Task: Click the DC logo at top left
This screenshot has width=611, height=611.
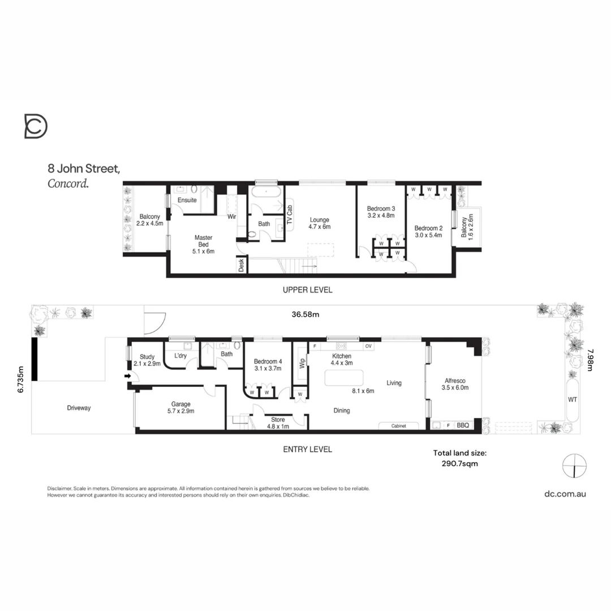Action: tap(36, 126)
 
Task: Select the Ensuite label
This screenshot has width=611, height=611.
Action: tap(187, 200)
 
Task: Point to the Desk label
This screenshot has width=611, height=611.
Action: tap(242, 265)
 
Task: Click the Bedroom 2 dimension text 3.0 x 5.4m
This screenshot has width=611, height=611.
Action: tap(428, 235)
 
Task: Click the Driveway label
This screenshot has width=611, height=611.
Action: tap(79, 407)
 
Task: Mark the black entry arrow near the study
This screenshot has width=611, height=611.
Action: tap(127, 376)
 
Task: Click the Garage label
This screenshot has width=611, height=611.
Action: tap(181, 404)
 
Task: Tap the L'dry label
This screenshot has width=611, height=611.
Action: tap(180, 355)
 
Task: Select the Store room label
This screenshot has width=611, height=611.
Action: tap(278, 419)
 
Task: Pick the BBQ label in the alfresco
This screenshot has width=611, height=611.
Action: tap(463, 425)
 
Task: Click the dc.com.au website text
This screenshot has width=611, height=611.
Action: tap(565, 493)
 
